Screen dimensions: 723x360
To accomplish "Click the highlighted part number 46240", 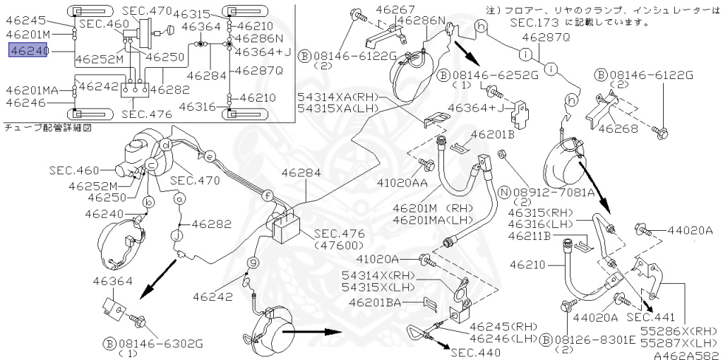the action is click(x=28, y=50).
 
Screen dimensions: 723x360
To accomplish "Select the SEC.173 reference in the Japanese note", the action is click(x=534, y=22).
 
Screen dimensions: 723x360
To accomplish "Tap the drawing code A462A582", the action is click(x=688, y=355).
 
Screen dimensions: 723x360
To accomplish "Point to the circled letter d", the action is click(x=166, y=145).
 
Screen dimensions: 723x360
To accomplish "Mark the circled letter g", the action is click(x=253, y=263).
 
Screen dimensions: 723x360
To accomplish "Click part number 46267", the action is click(x=395, y=9).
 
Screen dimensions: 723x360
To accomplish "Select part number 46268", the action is click(x=619, y=128).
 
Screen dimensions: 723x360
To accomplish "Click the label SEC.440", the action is click(x=475, y=353).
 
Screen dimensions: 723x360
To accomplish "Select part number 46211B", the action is click(x=531, y=236).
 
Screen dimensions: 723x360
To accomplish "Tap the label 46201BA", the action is click(x=376, y=302).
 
